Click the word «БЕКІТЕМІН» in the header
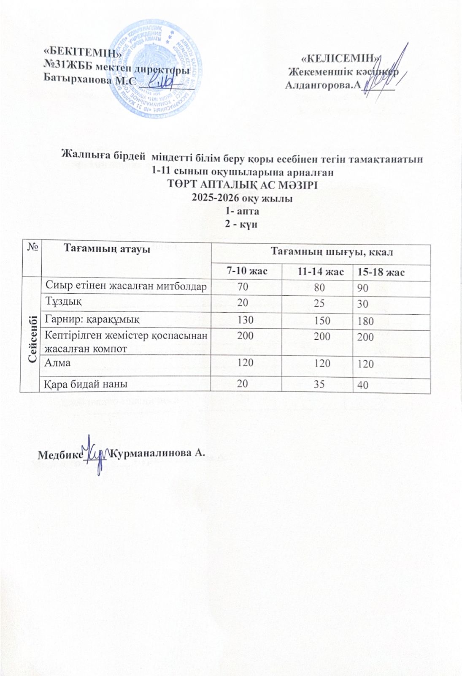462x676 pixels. pos(83,53)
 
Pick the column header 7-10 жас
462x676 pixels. pos(247,271)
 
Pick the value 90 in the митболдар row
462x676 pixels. pos(363,289)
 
